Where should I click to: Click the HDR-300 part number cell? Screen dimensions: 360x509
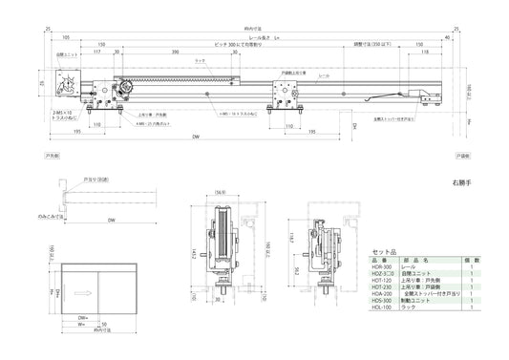point(380,266)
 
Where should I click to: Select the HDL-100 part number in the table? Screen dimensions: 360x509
point(380,307)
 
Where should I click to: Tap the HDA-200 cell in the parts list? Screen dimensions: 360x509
point(380,293)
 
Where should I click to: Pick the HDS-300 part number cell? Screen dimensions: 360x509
point(380,300)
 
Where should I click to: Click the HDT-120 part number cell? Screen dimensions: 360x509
point(380,280)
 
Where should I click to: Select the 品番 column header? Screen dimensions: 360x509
point(380,259)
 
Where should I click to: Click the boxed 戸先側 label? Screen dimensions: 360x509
point(53,154)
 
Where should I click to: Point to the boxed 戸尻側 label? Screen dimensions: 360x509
point(462,154)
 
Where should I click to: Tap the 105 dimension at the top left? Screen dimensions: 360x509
point(65,37)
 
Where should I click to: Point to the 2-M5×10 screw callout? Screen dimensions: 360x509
point(54,114)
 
